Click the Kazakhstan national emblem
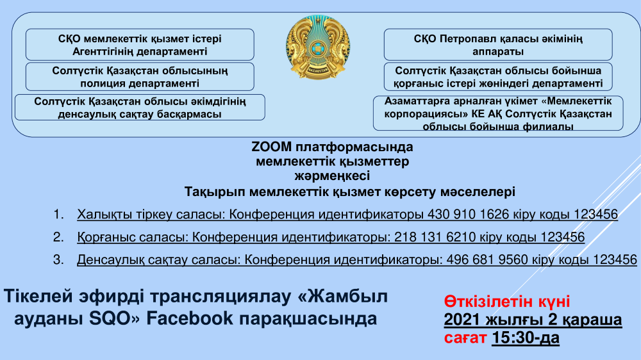[318, 47]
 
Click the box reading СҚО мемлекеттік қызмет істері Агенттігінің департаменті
[140, 45]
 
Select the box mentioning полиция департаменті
[140, 76]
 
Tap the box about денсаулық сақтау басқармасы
[140, 108]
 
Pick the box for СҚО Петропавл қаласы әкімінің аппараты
[498, 45]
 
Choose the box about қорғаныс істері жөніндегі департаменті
[498, 76]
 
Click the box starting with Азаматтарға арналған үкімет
[498, 113]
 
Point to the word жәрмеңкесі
[332, 176]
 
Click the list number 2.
[58, 237]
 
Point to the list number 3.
[58, 259]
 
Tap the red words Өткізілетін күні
[507, 302]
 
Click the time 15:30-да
[526, 338]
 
